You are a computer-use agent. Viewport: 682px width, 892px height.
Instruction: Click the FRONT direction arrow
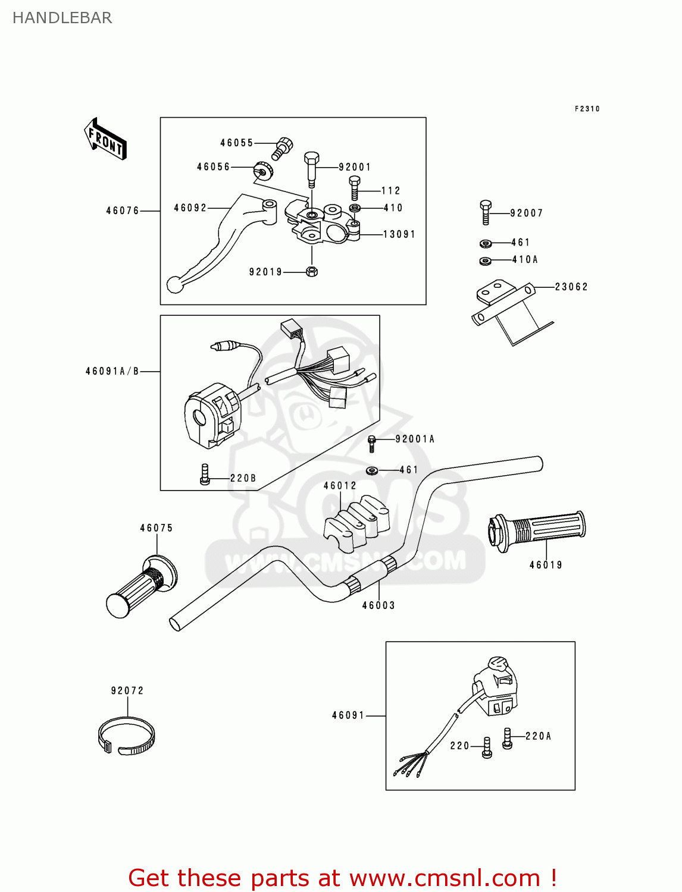105,139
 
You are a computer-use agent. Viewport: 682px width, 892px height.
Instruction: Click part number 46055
236,143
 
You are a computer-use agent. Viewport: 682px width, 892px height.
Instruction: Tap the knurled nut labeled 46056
262,171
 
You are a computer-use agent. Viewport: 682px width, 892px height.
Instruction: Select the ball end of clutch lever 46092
174,285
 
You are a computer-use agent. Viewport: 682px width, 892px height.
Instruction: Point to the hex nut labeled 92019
311,272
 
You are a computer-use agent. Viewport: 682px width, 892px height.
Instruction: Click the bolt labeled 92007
486,212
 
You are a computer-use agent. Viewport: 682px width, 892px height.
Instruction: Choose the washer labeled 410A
486,260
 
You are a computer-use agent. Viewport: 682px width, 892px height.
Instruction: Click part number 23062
571,287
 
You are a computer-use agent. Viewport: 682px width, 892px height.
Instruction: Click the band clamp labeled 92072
126,737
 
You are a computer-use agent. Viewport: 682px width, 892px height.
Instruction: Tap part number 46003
378,605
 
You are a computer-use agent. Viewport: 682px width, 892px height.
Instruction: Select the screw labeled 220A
507,738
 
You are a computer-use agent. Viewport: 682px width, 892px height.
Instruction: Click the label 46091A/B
112,371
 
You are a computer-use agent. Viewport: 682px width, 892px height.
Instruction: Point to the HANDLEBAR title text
62,18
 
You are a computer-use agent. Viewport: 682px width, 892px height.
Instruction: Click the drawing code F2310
587,109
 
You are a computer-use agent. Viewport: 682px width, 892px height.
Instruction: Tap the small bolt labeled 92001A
372,443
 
